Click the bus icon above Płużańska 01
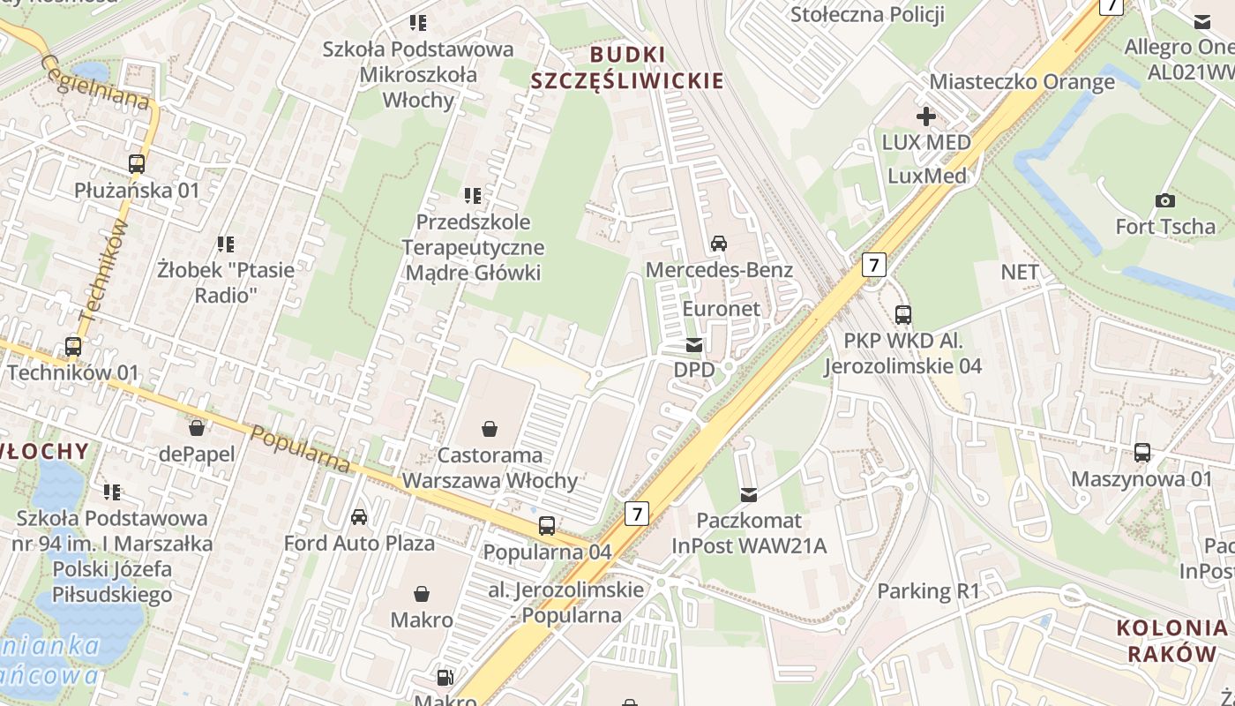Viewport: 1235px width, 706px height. (x=136, y=163)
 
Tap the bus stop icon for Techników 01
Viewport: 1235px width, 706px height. (x=73, y=347)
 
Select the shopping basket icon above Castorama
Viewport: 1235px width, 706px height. (x=490, y=429)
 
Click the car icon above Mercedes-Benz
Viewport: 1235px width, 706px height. (x=719, y=244)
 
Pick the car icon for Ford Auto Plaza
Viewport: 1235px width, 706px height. (x=359, y=516)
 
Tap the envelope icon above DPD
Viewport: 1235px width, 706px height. (x=695, y=344)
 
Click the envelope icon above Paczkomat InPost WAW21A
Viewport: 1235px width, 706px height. (x=749, y=494)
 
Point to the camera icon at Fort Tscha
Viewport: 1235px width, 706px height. (x=1164, y=200)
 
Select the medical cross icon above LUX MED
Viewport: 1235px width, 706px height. (x=925, y=116)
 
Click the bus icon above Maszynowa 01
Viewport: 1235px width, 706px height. (x=1142, y=453)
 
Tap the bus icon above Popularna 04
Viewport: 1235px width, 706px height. (x=547, y=526)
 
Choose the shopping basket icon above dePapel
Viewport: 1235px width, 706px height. (x=197, y=428)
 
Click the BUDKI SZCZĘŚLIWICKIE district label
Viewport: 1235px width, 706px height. (x=627, y=68)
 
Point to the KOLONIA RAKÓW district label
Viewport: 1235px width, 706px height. (x=1171, y=641)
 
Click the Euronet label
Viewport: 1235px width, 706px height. (x=721, y=308)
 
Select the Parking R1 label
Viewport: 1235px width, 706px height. (x=928, y=590)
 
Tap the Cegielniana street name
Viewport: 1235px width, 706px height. (x=94, y=83)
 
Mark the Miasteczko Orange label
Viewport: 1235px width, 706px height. (x=1022, y=82)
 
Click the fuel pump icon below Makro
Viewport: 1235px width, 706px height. (x=446, y=678)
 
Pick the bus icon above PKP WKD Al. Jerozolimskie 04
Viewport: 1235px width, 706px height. (x=902, y=314)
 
